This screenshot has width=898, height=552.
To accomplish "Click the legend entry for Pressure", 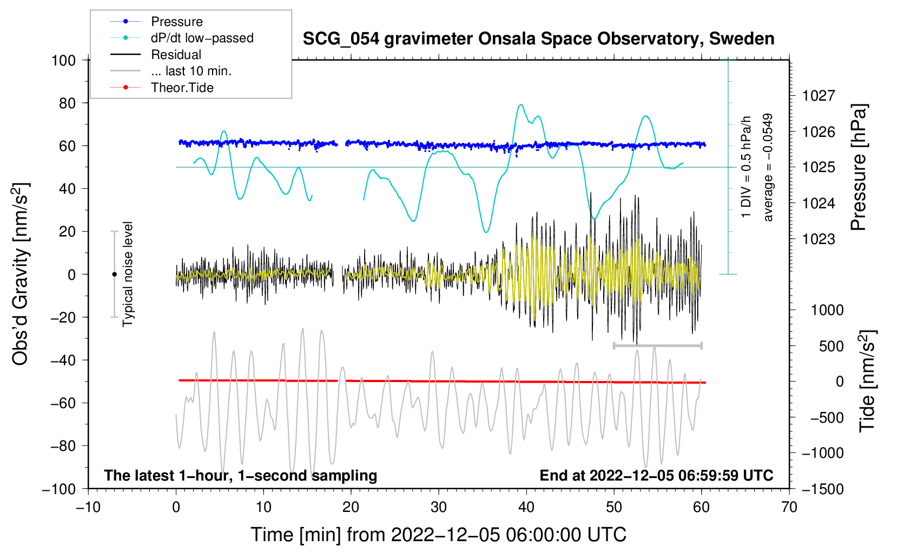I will (x=176, y=22).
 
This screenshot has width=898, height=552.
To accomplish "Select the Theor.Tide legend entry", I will (x=182, y=88).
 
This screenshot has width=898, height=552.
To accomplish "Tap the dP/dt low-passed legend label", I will (x=202, y=38).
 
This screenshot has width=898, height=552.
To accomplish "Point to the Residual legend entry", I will (x=176, y=55).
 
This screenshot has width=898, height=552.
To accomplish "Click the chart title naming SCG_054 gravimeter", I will (x=538, y=39).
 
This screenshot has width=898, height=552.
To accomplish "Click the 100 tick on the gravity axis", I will (x=63, y=60).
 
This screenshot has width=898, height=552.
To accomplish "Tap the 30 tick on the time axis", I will (x=438, y=507).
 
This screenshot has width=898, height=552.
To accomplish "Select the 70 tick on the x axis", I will (x=789, y=507).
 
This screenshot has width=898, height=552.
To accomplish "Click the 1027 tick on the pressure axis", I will (x=818, y=96).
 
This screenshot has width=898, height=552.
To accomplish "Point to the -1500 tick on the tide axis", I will (x=822, y=489).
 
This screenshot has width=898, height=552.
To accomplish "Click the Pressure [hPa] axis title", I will (x=859, y=168).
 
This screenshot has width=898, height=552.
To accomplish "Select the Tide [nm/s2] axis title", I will (x=867, y=381).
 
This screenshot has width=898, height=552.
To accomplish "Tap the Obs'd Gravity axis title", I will (x=20, y=274).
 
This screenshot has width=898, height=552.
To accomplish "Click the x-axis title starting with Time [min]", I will (x=438, y=535).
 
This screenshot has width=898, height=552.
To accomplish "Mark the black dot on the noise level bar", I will (x=114, y=274).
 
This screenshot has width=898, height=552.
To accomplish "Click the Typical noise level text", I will (x=128, y=274).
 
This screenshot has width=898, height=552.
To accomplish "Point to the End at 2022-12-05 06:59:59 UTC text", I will (x=656, y=475).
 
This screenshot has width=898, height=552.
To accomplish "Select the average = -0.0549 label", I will (x=768, y=168).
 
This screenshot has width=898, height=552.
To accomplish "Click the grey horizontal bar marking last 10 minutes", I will (x=657, y=345).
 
